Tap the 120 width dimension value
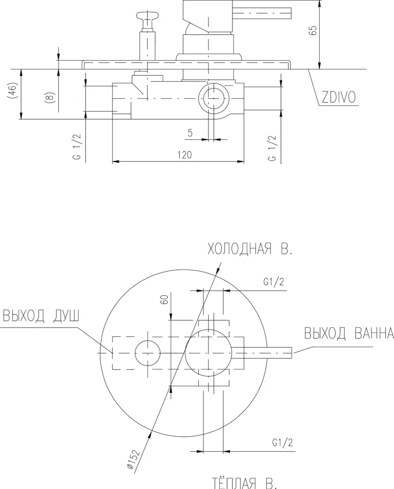[x=184, y=155]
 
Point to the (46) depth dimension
[x=14, y=93]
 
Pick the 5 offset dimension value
[x=189, y=133]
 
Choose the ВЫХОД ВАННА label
[x=348, y=333]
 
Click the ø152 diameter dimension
[x=134, y=459]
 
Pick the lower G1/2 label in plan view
[x=282, y=443]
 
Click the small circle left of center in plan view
[x=148, y=353]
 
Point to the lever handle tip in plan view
[x=289, y=353]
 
